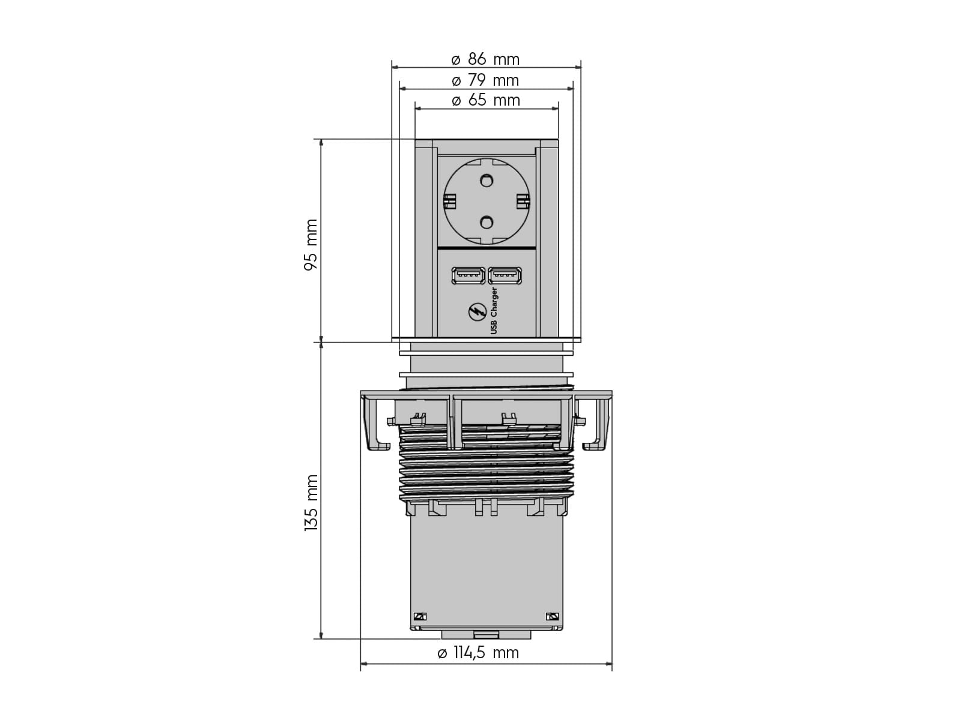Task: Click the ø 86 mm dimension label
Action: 485,59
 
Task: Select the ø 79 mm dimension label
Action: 485,80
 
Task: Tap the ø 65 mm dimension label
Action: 485,100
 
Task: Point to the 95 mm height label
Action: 311,245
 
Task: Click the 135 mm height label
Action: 311,503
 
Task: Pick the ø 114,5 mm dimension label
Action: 478,653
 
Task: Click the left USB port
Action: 468,276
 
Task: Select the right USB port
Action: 505,276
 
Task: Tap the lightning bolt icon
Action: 477,312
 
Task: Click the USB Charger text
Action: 494,311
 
